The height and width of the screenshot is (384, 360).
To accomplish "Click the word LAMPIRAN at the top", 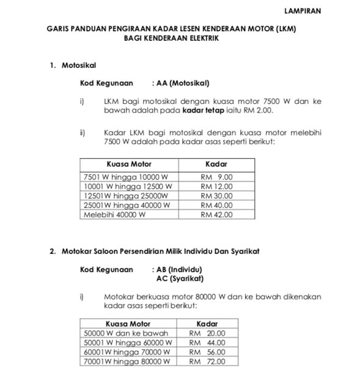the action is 302,11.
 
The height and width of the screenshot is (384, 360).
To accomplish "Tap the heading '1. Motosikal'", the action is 73,65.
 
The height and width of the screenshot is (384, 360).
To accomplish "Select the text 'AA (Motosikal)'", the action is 183,83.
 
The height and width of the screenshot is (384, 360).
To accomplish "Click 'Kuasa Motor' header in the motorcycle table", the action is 128,164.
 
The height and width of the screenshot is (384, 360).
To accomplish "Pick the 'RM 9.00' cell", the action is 216,177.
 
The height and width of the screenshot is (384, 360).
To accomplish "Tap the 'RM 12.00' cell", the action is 216,186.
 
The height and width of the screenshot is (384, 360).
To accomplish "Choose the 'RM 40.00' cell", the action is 216,205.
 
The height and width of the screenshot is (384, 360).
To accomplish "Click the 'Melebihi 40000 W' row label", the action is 114,215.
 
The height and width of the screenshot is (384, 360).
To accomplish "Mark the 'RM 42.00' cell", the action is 216,215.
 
